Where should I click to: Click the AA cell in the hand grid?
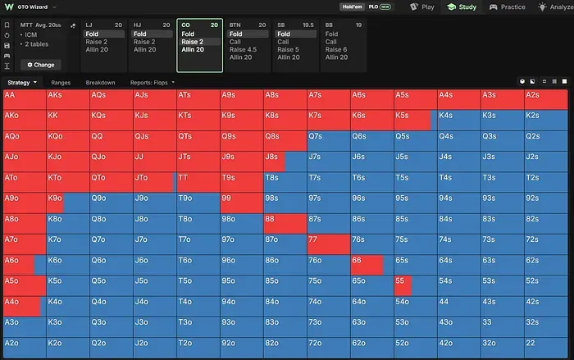click(25, 99)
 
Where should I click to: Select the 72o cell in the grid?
click(328, 348)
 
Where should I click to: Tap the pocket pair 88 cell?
click(285, 223)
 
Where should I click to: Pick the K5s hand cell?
click(415, 120)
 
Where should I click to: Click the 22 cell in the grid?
click(546, 348)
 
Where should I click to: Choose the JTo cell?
click(154, 182)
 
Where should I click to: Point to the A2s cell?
click(546, 99)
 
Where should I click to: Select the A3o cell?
click(25, 327)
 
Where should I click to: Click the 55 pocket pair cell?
click(415, 285)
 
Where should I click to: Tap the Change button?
click(41, 65)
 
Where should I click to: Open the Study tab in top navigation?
click(462, 7)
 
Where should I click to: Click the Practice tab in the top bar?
click(507, 7)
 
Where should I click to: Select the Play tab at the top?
click(422, 7)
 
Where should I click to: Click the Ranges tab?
click(61, 83)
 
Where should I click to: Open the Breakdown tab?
click(100, 83)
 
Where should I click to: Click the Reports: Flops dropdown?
click(153, 83)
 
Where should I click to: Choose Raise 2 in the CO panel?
click(192, 42)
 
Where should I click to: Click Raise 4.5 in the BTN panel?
click(243, 49)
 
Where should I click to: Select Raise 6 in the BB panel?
click(336, 49)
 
